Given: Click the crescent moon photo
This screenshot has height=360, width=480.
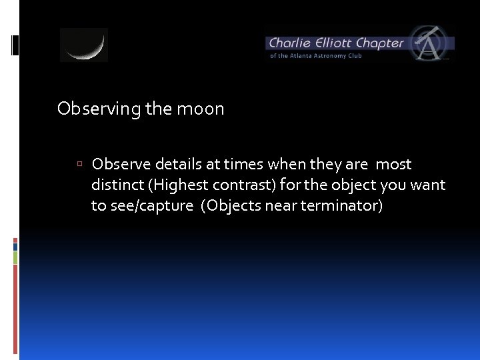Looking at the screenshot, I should coord(84,45).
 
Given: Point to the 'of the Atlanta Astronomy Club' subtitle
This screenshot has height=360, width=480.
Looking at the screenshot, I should coord(315,56).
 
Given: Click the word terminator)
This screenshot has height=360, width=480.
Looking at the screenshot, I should coord(341,205).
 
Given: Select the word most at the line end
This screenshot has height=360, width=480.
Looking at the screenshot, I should coord(393,164).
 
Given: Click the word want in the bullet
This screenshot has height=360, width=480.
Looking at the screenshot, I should coord(427,185).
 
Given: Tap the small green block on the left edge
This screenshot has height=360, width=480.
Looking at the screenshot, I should coord(15,257).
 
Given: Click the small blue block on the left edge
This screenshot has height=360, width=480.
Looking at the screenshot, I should coord(15,246).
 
